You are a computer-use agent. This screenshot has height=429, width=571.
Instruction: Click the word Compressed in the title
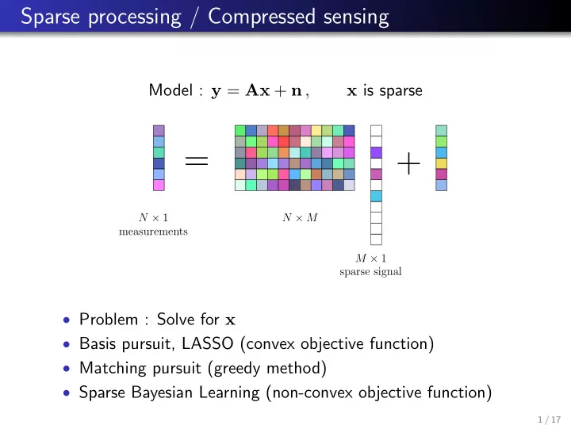pyautogui.click(x=262, y=17)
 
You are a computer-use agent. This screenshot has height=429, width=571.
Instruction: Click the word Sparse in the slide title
pyautogui.click(x=50, y=17)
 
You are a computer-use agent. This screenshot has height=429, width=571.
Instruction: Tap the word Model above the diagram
pyautogui.click(x=171, y=90)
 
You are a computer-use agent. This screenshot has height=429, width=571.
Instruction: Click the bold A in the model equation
pyautogui.click(x=252, y=90)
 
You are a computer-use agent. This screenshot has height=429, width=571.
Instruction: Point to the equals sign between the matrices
pyautogui.click(x=197, y=161)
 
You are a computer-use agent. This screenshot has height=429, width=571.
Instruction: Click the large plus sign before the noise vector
pyautogui.click(x=408, y=163)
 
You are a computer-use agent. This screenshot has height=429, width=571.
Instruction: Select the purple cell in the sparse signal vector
pyautogui.click(x=376, y=152)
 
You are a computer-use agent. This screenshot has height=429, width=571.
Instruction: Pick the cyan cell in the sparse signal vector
pyautogui.click(x=376, y=196)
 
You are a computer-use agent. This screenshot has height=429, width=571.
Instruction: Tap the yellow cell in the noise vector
pyautogui.click(x=442, y=163)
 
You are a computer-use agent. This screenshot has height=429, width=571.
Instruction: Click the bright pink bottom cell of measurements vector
pyautogui.click(x=159, y=185)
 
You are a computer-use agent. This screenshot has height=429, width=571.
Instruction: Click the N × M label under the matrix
pyautogui.click(x=300, y=217)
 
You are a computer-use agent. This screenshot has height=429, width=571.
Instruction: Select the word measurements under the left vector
pyautogui.click(x=153, y=232)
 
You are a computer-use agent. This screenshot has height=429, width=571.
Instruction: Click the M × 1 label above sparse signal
pyautogui.click(x=370, y=259)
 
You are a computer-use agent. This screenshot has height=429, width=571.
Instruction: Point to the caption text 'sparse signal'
pyautogui.click(x=370, y=272)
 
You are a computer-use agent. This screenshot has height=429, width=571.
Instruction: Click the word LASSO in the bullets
pyautogui.click(x=208, y=343)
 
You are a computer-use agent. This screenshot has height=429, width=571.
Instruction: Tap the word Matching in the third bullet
pyautogui.click(x=113, y=368)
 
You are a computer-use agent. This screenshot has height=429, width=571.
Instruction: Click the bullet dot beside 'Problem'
pyautogui.click(x=67, y=320)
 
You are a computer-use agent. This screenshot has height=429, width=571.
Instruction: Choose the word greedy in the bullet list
pyautogui.click(x=237, y=369)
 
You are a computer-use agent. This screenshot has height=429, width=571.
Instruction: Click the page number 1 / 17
pyautogui.click(x=549, y=419)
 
